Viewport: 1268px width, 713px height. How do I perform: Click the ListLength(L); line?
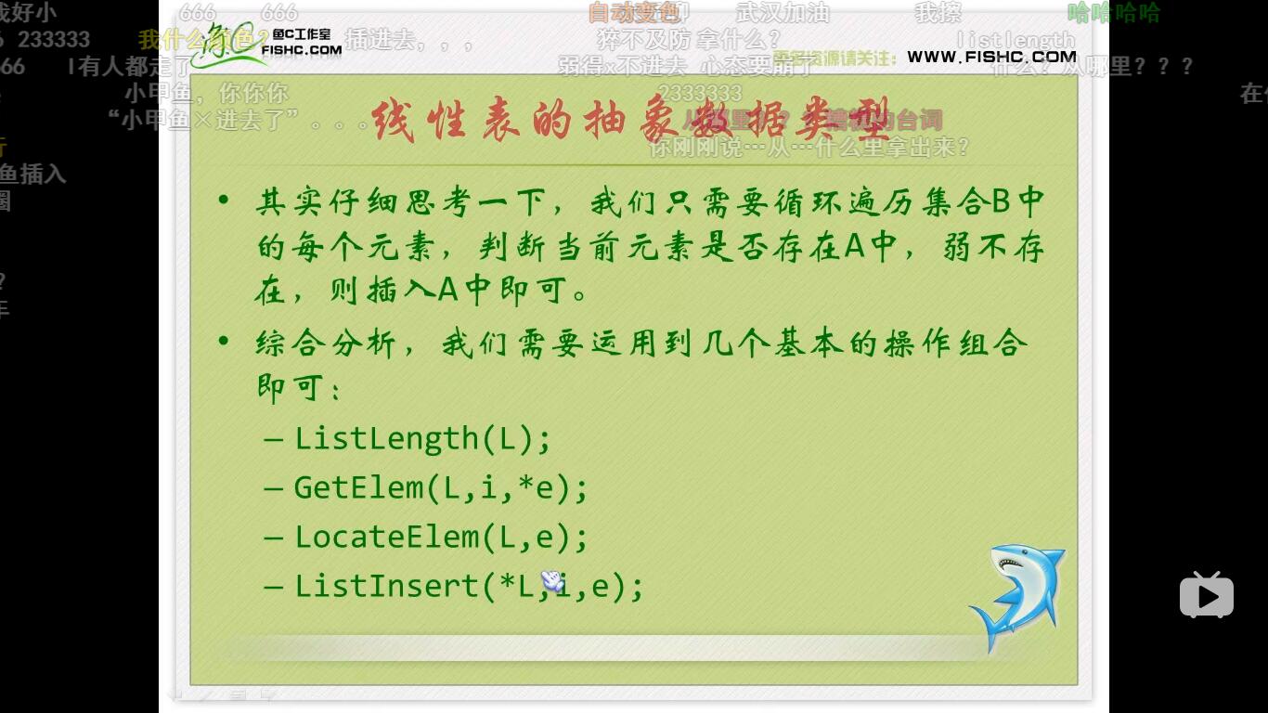pos(422,437)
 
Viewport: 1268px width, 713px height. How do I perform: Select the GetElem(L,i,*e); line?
pos(441,487)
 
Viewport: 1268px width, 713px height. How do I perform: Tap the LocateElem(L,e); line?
pos(441,537)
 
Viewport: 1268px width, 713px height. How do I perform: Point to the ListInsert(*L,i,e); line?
pos(469,586)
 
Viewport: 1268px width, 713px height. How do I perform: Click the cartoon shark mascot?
pos(1017,597)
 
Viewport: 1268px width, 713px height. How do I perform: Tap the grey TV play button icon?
pos(1206,595)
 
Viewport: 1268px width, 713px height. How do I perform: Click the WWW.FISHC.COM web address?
pos(991,57)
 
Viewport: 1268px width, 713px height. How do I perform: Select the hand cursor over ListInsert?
pos(552,581)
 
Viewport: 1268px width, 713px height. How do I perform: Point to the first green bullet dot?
pos(223,201)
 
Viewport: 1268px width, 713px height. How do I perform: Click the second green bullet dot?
pos(223,342)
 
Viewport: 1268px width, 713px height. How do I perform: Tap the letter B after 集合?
pos(1002,201)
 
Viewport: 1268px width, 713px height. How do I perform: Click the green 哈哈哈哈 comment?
pos(1113,13)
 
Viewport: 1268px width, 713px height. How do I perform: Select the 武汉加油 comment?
pos(783,13)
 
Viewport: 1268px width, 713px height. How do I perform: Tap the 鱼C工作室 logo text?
pos(302,35)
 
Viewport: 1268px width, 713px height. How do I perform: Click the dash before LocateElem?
pos(273,538)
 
